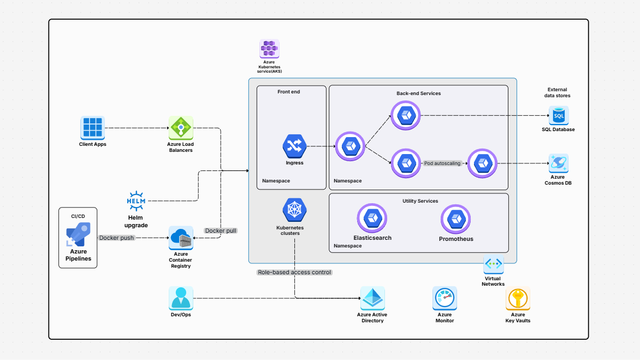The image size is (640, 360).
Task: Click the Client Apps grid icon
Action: [92, 128]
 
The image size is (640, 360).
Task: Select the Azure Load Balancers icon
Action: [180, 128]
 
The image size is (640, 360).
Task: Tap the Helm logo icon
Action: [135, 201]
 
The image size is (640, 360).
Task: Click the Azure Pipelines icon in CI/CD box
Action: [78, 235]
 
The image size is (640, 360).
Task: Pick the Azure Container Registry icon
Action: [181, 238]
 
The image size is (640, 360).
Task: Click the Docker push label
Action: [116, 238]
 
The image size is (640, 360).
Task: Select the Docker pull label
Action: [221, 231]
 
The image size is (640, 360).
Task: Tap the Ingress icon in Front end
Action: [294, 146]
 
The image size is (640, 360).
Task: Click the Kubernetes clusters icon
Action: [294, 210]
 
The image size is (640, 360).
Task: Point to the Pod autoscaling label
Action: [442, 163]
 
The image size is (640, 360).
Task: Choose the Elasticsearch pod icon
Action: [372, 219]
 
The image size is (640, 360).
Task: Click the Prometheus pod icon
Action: [455, 219]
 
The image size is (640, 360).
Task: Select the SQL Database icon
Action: [559, 116]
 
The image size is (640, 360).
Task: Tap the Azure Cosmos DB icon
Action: [559, 163]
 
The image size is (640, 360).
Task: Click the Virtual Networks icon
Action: [493, 264]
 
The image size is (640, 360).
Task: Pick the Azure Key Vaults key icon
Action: [517, 299]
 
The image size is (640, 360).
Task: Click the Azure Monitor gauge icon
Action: [445, 299]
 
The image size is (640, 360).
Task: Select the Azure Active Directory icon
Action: [372, 299]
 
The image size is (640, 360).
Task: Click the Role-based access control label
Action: [294, 272]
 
